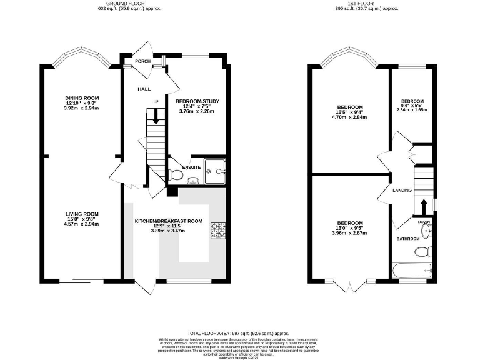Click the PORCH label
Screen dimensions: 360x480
134,61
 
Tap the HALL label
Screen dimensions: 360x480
144,89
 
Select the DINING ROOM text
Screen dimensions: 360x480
82,97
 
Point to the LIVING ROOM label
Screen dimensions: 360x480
82,214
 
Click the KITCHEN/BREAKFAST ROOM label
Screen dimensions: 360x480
169,221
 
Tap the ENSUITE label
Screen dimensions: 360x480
191,167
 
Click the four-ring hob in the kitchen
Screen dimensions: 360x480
218,230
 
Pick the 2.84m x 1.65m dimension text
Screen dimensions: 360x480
412,109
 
